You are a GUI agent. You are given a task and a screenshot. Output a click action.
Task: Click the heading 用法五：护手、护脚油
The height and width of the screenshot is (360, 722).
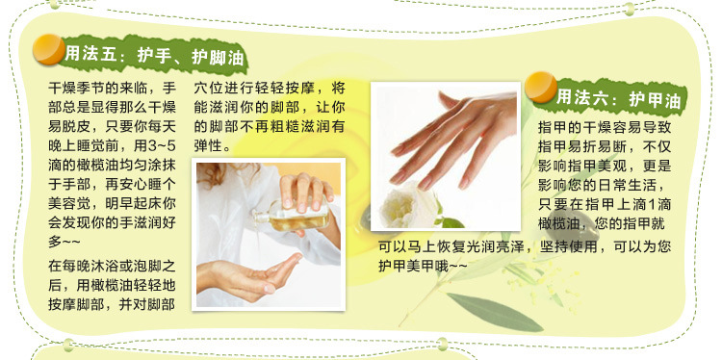[x=154, y=56]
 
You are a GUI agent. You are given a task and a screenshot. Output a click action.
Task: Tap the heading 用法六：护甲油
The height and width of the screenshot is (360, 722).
[x=618, y=99]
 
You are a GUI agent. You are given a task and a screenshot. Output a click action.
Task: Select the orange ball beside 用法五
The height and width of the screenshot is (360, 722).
[x=48, y=49]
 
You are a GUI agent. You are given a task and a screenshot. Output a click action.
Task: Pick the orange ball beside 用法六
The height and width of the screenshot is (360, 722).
[x=541, y=87]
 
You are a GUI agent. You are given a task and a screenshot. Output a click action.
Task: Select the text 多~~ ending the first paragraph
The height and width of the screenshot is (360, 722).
[x=64, y=242]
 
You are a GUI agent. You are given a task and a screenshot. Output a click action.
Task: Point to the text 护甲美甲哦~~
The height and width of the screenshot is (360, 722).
[x=423, y=266]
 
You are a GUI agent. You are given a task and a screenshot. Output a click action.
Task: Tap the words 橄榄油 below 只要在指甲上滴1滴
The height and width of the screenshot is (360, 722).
[x=559, y=224]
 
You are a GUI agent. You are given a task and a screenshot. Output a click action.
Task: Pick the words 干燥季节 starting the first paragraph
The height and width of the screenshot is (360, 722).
[x=76, y=88]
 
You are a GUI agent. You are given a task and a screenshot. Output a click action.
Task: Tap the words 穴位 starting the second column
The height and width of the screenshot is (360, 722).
[x=208, y=88]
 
